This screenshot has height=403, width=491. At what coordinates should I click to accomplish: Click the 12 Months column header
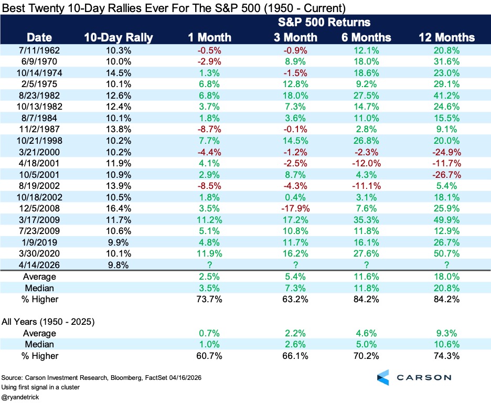tap(446, 38)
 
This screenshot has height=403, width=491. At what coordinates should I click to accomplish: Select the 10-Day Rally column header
tap(119, 38)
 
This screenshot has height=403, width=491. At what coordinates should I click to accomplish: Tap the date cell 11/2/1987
tap(39, 129)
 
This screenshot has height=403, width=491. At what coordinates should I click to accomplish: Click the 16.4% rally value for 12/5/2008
tap(119, 208)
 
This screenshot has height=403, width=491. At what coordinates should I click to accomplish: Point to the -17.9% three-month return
tap(295, 208)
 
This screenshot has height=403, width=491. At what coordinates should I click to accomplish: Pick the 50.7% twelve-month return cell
tap(446, 253)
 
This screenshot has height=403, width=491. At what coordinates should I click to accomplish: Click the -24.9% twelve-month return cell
tap(446, 152)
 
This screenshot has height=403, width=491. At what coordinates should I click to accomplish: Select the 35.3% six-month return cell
tap(366, 220)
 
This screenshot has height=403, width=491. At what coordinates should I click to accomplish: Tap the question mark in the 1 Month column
tap(209, 265)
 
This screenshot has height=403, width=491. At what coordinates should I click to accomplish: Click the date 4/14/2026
tap(39, 265)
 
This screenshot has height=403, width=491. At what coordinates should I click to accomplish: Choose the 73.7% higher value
tap(209, 299)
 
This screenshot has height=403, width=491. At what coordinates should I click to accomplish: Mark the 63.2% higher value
tap(295, 299)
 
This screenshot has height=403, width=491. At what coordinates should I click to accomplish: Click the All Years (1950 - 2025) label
tap(48, 322)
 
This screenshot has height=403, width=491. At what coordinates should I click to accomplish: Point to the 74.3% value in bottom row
tap(446, 356)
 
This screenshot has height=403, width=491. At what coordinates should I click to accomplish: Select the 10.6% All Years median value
tap(446, 344)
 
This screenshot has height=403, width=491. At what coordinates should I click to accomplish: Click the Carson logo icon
tap(383, 377)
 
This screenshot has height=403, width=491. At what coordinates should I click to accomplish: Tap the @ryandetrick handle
tap(20, 397)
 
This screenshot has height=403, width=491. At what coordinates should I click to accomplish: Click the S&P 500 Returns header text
tap(324, 22)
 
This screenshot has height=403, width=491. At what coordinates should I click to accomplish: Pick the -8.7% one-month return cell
tap(209, 129)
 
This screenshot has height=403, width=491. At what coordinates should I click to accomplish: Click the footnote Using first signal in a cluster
tap(40, 387)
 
